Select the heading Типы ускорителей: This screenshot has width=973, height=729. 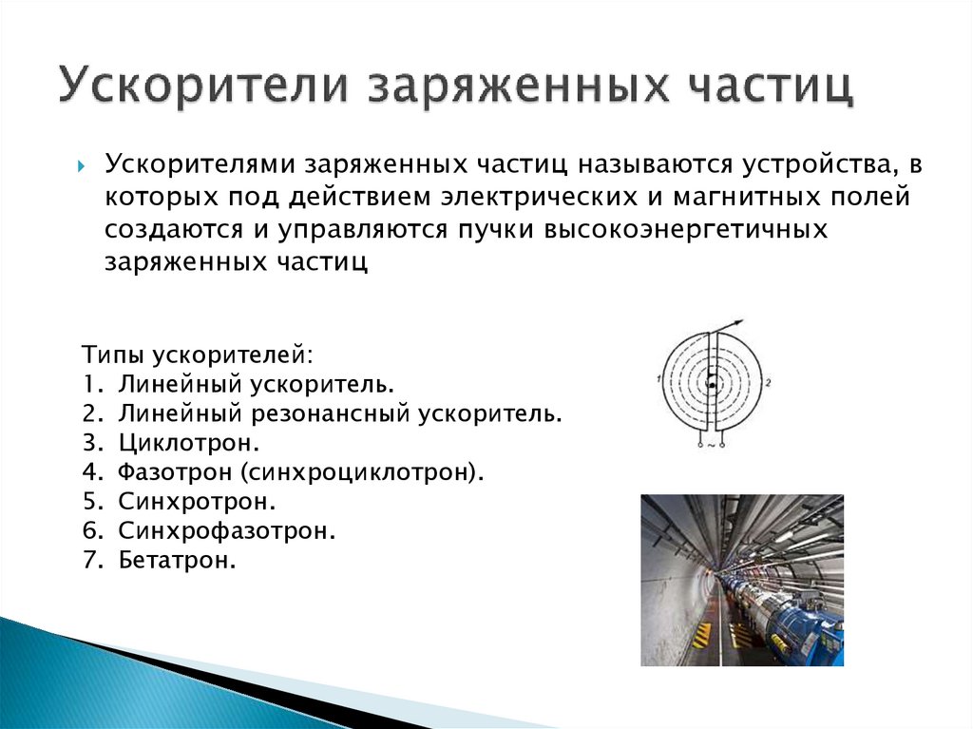pos(198,356)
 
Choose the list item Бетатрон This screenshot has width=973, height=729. pos(177,560)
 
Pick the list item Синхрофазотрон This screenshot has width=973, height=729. pos(227,530)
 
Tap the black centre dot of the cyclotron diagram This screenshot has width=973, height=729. pos(711,384)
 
